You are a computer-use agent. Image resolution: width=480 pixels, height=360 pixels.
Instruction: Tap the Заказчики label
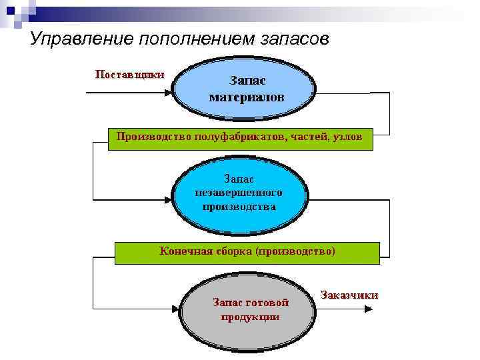point(349,295)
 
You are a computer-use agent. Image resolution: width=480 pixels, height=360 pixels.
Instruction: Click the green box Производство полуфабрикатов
point(240,137)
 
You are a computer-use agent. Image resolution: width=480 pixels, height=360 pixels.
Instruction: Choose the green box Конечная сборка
point(247,252)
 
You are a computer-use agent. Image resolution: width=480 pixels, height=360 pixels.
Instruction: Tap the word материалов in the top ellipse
point(246,97)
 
